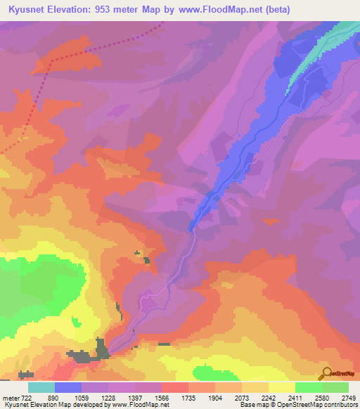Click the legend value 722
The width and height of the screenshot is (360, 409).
click(25, 397)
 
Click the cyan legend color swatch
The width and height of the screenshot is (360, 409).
click(41, 387)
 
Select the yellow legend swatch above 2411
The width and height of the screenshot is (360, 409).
click(281, 387)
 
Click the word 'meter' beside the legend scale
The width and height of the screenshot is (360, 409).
click(10, 397)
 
